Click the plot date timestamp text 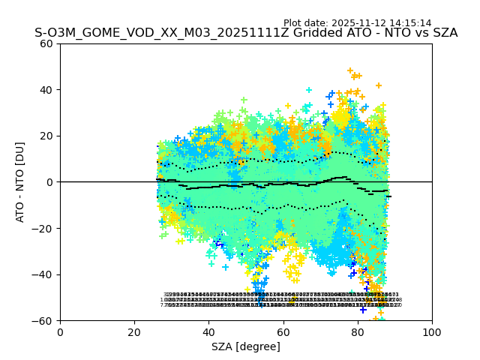(357, 23)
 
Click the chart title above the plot (246, 33)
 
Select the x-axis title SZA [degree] (246, 346)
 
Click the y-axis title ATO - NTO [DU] (21, 182)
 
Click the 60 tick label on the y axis (46, 43)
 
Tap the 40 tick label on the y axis (46, 90)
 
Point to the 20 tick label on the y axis (46, 136)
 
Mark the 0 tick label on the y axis (49, 182)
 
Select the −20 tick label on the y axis (43, 229)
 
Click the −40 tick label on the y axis (43, 274)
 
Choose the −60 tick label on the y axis (43, 321)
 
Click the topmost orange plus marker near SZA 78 (350, 71)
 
